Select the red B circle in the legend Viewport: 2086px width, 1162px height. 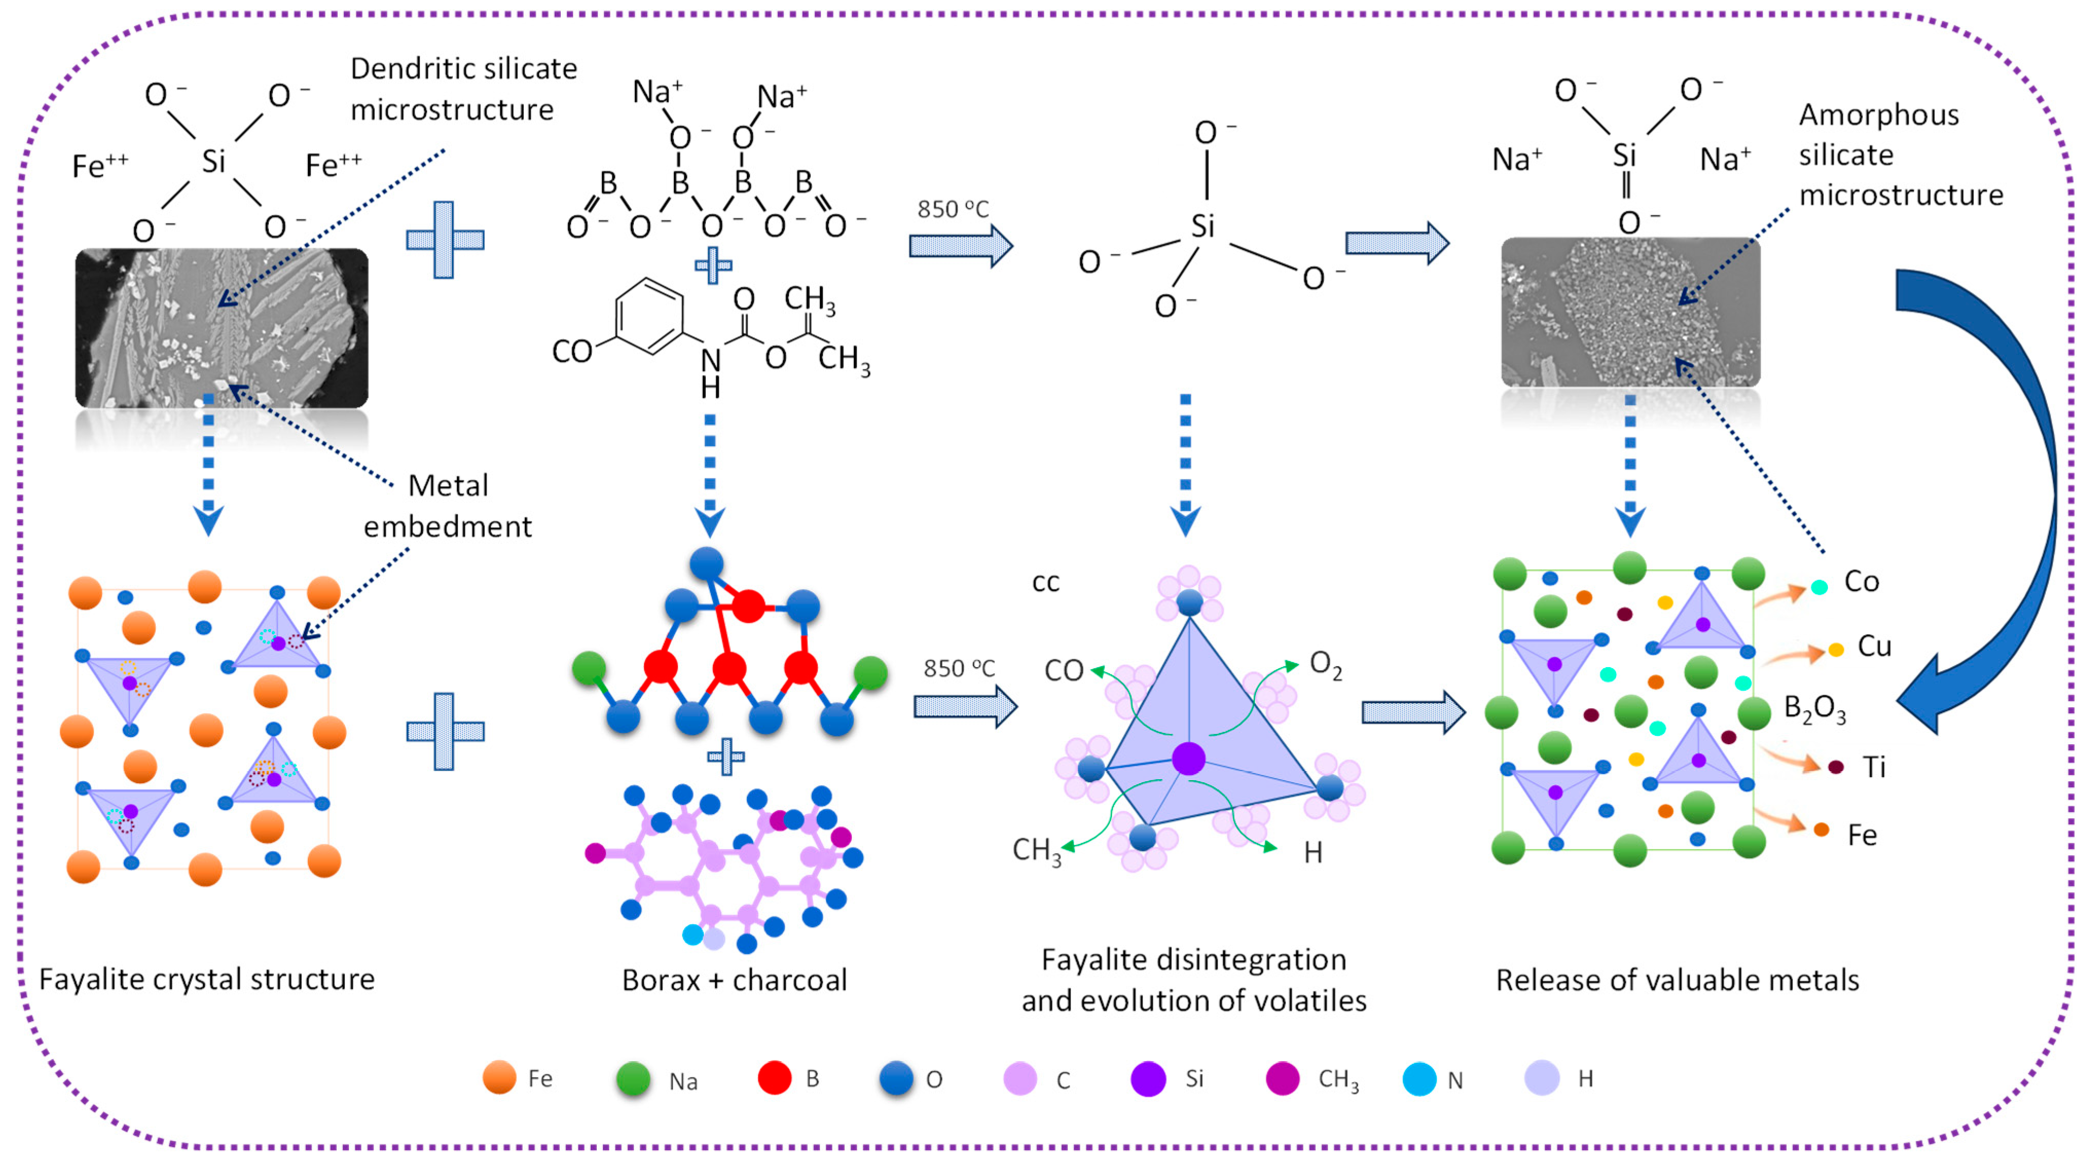point(774,1078)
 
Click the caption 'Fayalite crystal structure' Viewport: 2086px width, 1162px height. point(207,979)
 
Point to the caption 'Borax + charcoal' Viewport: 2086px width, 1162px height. point(734,980)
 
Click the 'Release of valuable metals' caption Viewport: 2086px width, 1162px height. point(1676,980)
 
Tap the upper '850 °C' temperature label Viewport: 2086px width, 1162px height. point(953,210)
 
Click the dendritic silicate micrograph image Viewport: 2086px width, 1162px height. point(221,327)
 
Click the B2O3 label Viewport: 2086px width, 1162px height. point(1814,709)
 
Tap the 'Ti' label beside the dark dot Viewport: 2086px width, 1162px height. point(1874,766)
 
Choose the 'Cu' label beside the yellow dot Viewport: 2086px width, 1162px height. point(1874,646)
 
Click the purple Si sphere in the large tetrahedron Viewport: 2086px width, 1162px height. point(1188,759)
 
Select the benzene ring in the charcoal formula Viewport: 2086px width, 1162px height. point(649,317)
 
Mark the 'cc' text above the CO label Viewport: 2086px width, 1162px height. point(1046,583)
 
